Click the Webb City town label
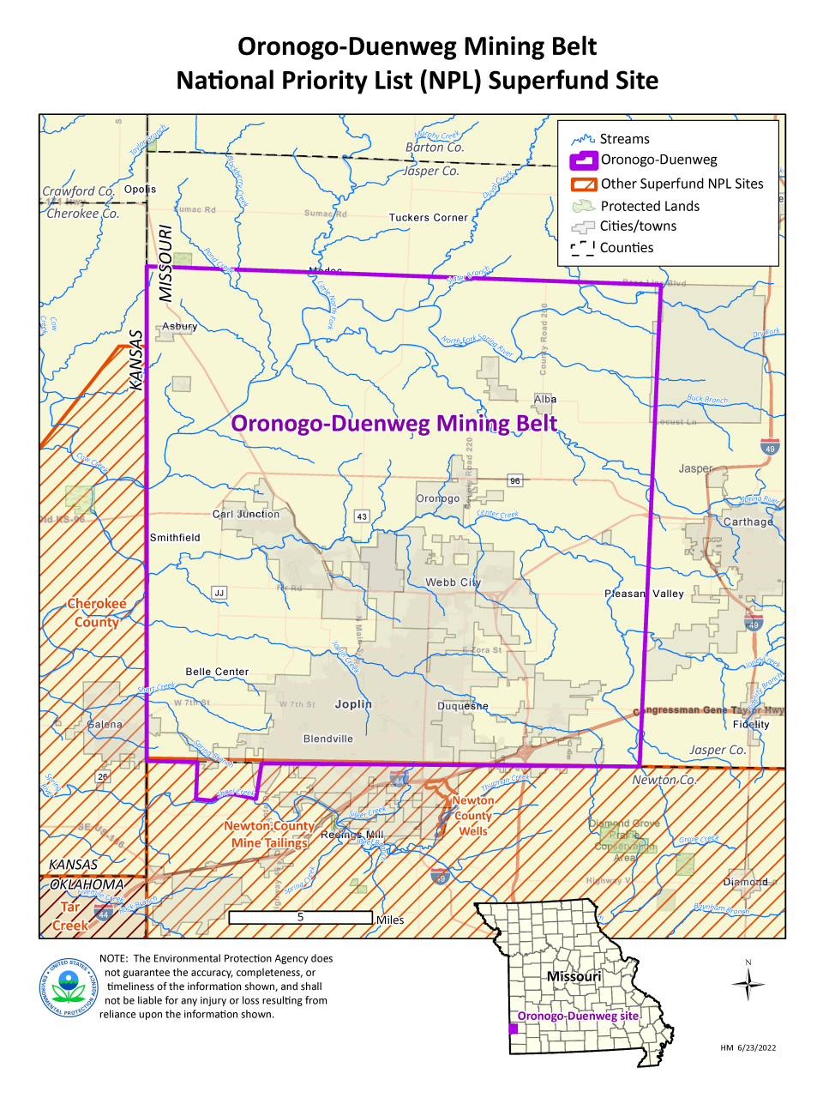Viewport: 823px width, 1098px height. point(454,582)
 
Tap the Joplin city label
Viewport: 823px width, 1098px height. point(353,704)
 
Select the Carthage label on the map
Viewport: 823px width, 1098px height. point(748,522)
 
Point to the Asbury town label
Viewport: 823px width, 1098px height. point(180,327)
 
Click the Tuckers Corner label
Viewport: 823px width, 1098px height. point(429,218)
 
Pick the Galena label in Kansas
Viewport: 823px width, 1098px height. point(105,725)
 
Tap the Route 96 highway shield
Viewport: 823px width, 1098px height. point(514,481)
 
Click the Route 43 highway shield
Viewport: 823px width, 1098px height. point(362,516)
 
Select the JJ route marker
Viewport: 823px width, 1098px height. point(219,593)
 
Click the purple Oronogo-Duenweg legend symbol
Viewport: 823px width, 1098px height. point(583,160)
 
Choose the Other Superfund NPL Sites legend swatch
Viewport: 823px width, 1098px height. point(583,184)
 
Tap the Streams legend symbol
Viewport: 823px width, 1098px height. point(583,139)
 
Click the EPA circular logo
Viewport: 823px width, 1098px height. point(69,987)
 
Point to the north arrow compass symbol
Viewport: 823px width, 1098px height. point(748,983)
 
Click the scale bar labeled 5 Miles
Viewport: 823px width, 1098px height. point(300,917)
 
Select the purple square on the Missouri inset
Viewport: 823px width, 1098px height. point(513,1029)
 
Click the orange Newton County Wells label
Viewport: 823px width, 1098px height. point(473,816)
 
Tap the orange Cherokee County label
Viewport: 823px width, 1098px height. point(97,612)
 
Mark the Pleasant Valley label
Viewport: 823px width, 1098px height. point(644,594)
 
